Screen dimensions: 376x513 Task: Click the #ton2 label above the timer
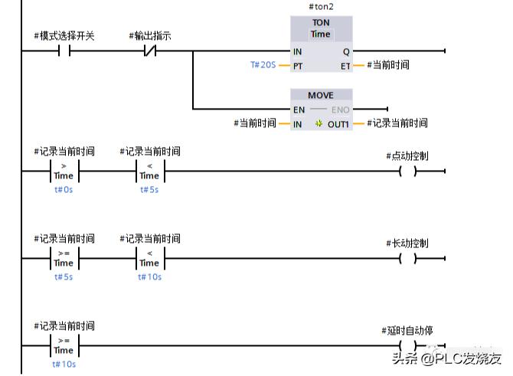321,7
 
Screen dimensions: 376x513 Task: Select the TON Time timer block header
321,28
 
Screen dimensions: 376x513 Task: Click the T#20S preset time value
263,65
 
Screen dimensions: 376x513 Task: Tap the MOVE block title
321,95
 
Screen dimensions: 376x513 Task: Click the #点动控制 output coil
407,171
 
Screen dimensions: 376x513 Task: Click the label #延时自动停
407,331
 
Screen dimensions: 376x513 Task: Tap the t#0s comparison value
63,189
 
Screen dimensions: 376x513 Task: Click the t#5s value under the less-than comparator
149,189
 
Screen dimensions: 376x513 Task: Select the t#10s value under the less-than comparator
149,277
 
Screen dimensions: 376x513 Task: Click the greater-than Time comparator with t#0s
63,171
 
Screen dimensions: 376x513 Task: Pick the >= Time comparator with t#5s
63,258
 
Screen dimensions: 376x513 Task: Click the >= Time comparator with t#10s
63,345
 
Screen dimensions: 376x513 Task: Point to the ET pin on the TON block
345,65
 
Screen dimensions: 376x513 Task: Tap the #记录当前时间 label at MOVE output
397,123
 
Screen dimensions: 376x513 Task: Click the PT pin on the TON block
298,65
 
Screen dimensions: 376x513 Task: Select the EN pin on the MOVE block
299,110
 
